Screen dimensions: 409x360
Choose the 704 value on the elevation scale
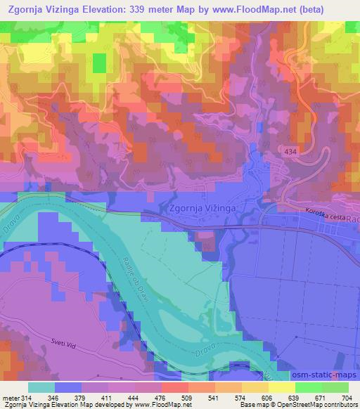[x=347, y=397]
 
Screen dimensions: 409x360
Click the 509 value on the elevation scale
[x=187, y=397]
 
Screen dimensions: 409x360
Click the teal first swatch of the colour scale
[x=41, y=387]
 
